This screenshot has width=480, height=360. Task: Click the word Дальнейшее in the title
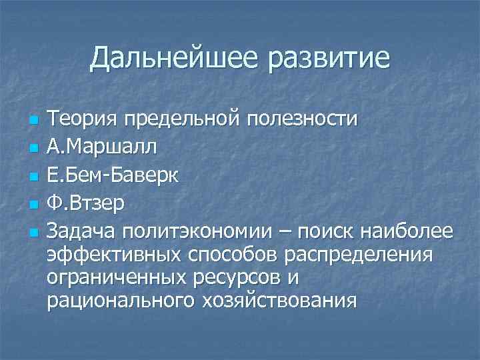pyautogui.click(x=173, y=59)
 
